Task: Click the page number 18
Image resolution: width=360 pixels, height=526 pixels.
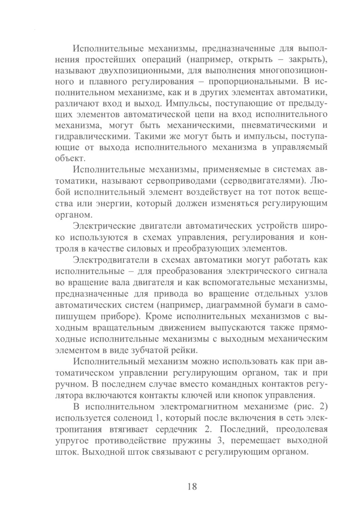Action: tap(192, 486)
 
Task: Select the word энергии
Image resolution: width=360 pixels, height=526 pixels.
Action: tap(107, 204)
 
